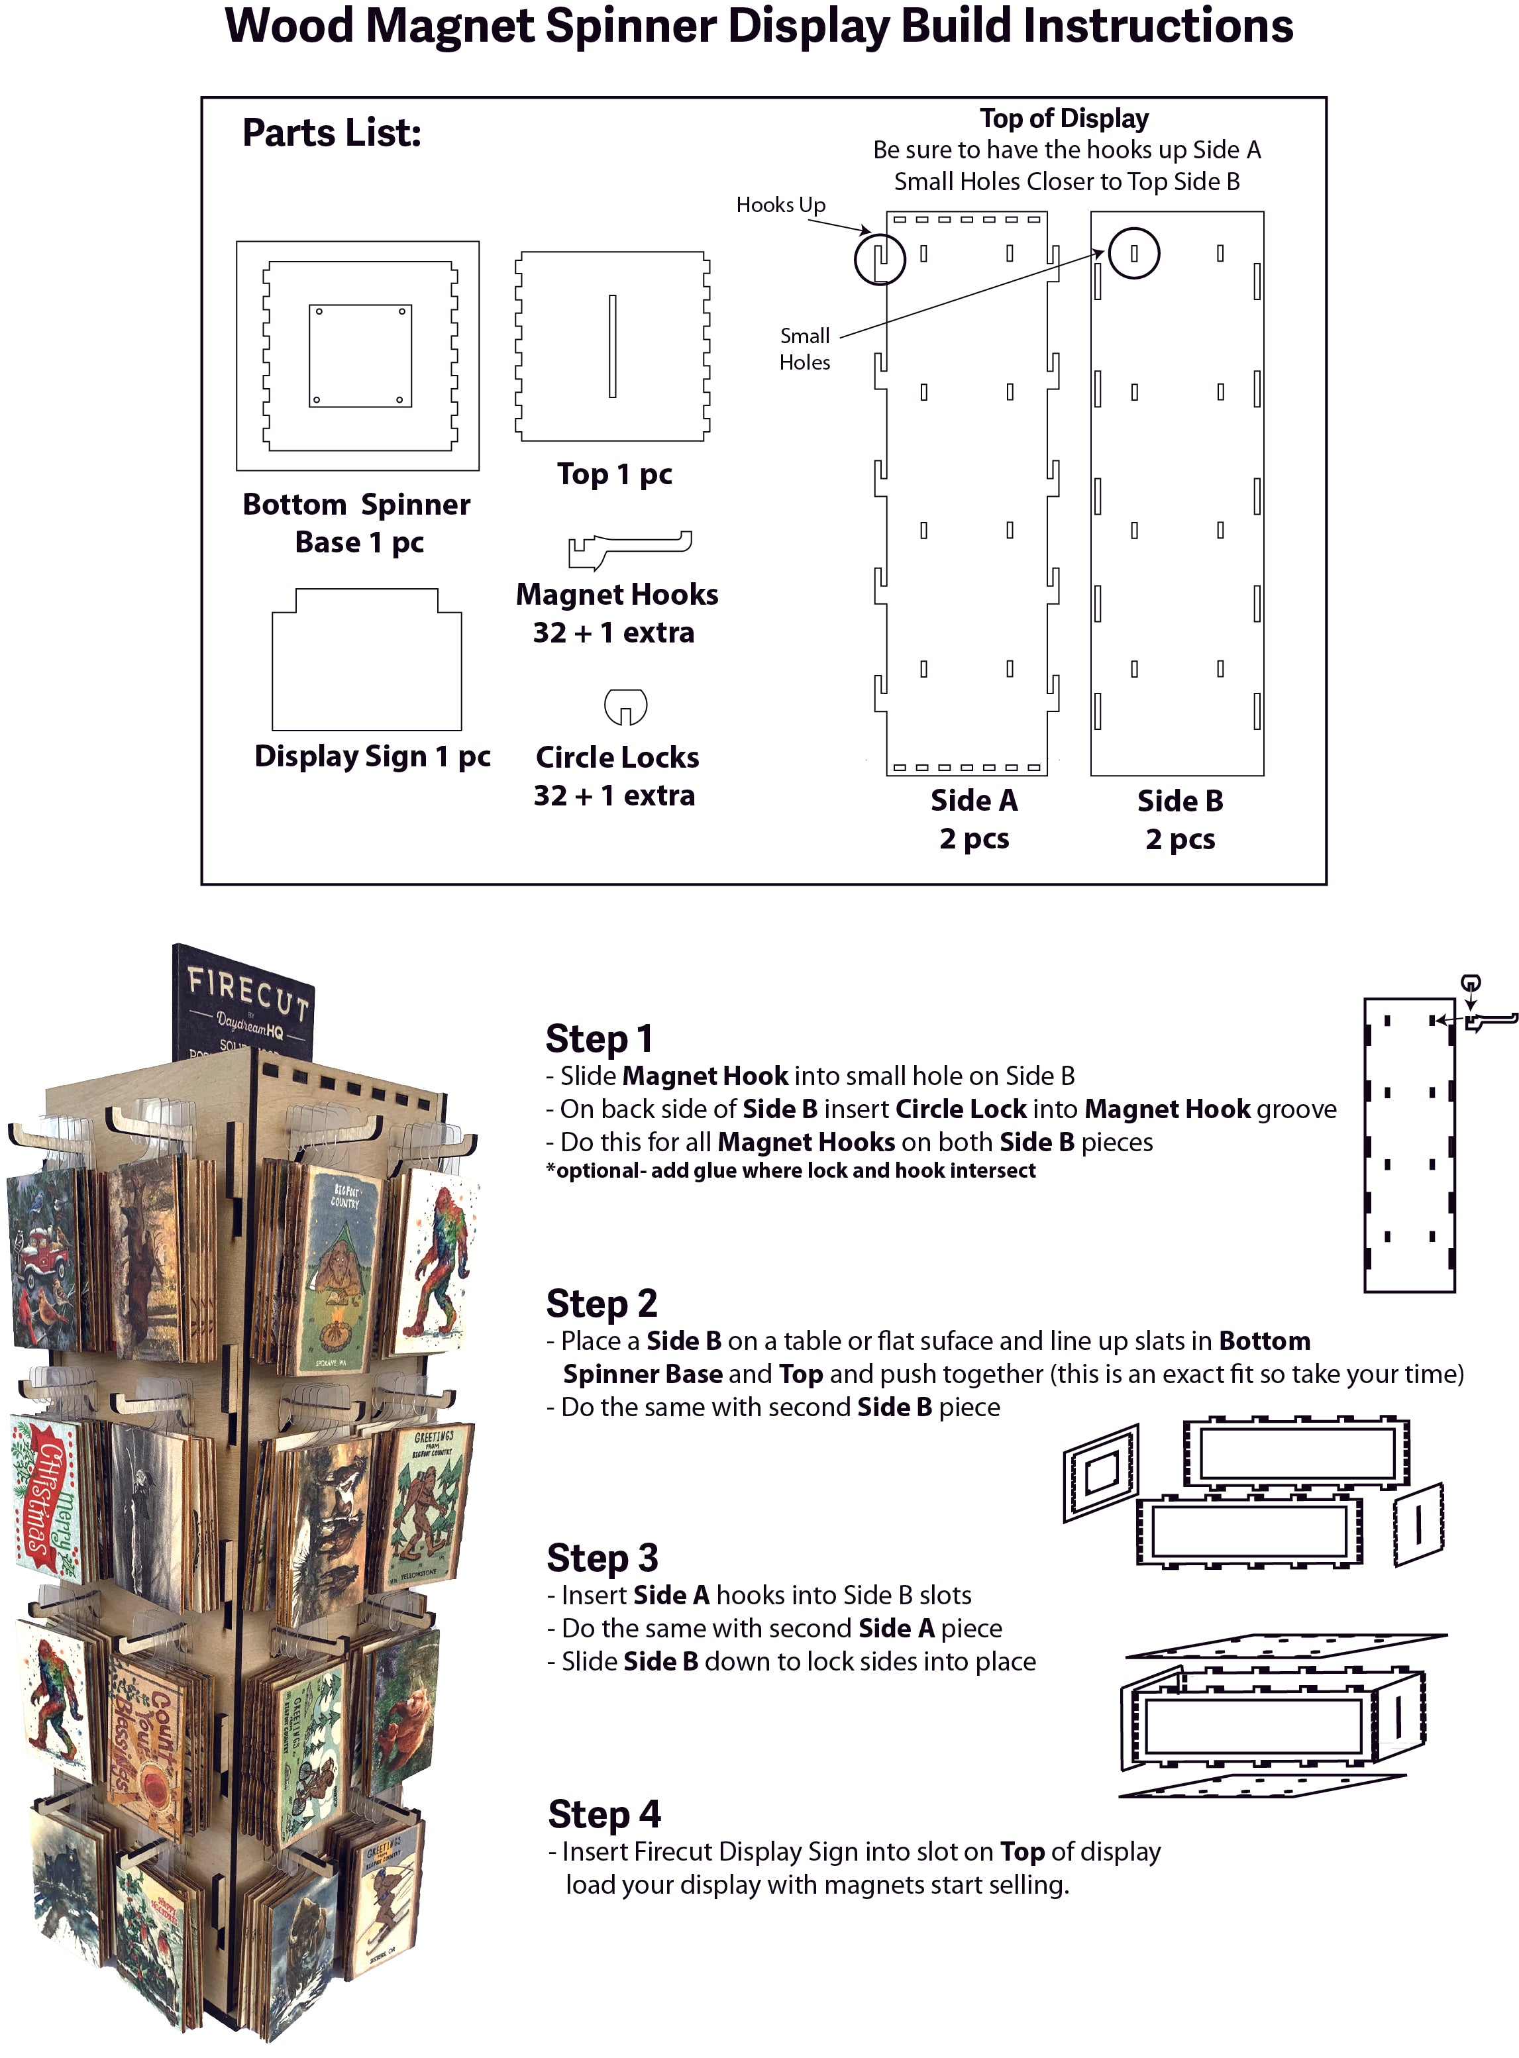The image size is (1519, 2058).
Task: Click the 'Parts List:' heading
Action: click(x=332, y=133)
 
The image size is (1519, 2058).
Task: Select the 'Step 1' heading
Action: click(x=600, y=1039)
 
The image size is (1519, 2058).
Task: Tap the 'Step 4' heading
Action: click(x=604, y=1814)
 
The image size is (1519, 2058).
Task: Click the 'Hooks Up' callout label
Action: click(x=780, y=205)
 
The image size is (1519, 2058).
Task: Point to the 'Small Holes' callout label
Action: click(x=805, y=349)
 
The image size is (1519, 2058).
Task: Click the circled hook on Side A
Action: click(x=880, y=259)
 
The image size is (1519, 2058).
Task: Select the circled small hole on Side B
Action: click(x=1133, y=253)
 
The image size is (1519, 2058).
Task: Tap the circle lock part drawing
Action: click(x=625, y=705)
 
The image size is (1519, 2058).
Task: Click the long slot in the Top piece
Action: click(x=612, y=346)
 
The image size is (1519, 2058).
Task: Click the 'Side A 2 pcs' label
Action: click(x=974, y=819)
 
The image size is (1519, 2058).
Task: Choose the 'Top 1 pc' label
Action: click(x=614, y=474)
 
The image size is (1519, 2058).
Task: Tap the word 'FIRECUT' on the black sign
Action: click(x=248, y=994)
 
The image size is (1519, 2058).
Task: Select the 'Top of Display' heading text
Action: click(x=1064, y=119)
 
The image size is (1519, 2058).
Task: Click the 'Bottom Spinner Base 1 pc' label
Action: click(x=357, y=523)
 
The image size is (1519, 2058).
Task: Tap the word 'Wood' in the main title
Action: click(x=289, y=26)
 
